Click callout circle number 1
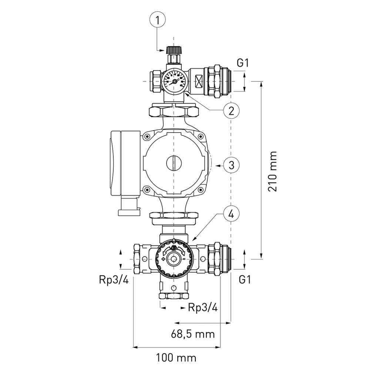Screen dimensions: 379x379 (x=158, y=20)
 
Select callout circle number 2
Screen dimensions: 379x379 (x=231, y=111)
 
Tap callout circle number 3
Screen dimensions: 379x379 (x=231, y=165)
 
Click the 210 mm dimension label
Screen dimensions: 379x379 (x=272, y=171)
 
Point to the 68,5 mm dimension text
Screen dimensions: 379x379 (x=192, y=334)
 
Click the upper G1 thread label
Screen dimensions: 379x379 (x=242, y=63)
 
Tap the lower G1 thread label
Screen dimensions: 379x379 (x=245, y=280)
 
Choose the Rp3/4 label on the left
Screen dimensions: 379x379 (x=114, y=280)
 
